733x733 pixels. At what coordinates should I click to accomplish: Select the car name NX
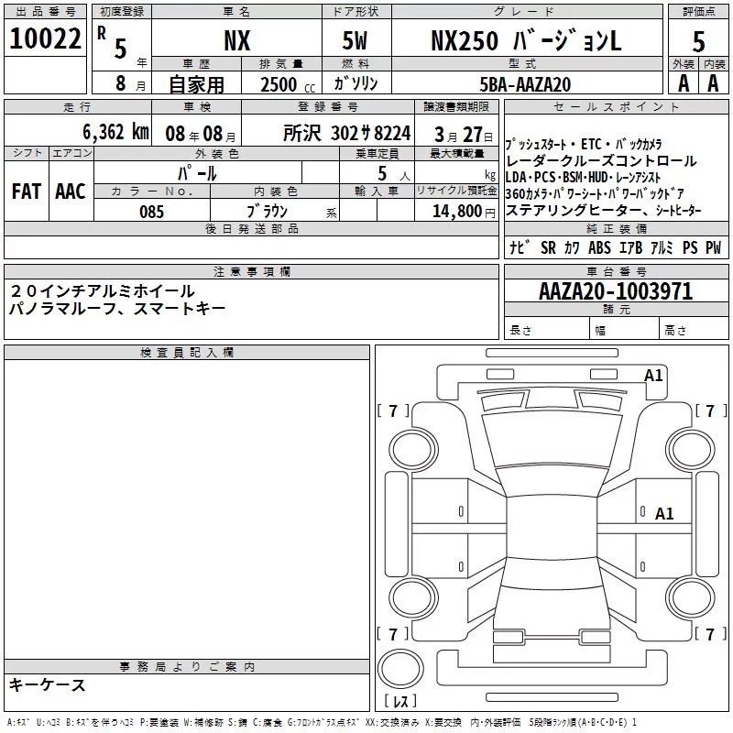[236, 40]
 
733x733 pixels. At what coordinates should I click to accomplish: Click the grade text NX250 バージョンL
[525, 40]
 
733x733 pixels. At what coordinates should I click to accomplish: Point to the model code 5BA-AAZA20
[525, 83]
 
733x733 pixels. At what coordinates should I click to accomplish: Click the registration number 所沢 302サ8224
[347, 132]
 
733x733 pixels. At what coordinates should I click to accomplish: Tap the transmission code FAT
[26, 191]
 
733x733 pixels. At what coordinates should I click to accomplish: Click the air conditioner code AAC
[70, 191]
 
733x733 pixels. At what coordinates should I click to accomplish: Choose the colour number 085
[152, 212]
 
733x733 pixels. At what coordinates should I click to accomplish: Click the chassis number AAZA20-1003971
[615, 291]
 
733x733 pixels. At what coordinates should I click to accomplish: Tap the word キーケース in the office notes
[48, 684]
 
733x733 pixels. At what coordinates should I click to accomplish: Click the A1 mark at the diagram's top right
[653, 375]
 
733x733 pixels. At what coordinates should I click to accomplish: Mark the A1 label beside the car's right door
[664, 514]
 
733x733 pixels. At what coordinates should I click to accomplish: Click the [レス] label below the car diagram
[400, 702]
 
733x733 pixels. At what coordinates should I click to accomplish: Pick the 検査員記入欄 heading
[187, 352]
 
